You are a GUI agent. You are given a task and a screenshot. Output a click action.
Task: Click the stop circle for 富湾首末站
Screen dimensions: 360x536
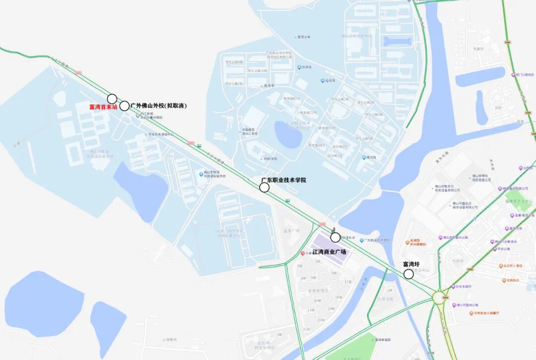(x=112, y=99)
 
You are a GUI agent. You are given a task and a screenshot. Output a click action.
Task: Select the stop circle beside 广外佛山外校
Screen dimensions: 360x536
(x=125, y=106)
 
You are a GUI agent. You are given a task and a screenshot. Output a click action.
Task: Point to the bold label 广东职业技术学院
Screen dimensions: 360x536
(x=284, y=180)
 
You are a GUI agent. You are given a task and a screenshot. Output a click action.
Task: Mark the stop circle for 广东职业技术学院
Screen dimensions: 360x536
(x=265, y=187)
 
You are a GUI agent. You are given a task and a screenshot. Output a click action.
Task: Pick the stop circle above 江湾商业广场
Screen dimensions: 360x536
(x=335, y=238)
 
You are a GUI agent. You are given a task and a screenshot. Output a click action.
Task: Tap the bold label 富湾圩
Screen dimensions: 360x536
(x=411, y=264)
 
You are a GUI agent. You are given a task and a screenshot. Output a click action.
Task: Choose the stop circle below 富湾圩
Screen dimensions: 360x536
(x=408, y=274)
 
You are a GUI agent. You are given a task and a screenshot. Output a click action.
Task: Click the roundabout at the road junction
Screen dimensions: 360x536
(x=440, y=298)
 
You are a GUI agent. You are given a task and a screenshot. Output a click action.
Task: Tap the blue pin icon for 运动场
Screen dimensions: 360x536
(x=323, y=81)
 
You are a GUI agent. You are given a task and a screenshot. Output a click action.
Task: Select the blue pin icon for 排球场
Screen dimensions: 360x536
(x=299, y=67)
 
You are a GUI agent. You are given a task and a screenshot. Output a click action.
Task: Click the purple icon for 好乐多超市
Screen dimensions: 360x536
(x=453, y=287)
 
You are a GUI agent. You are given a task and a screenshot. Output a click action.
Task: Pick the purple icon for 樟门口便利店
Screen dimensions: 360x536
(x=513, y=75)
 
